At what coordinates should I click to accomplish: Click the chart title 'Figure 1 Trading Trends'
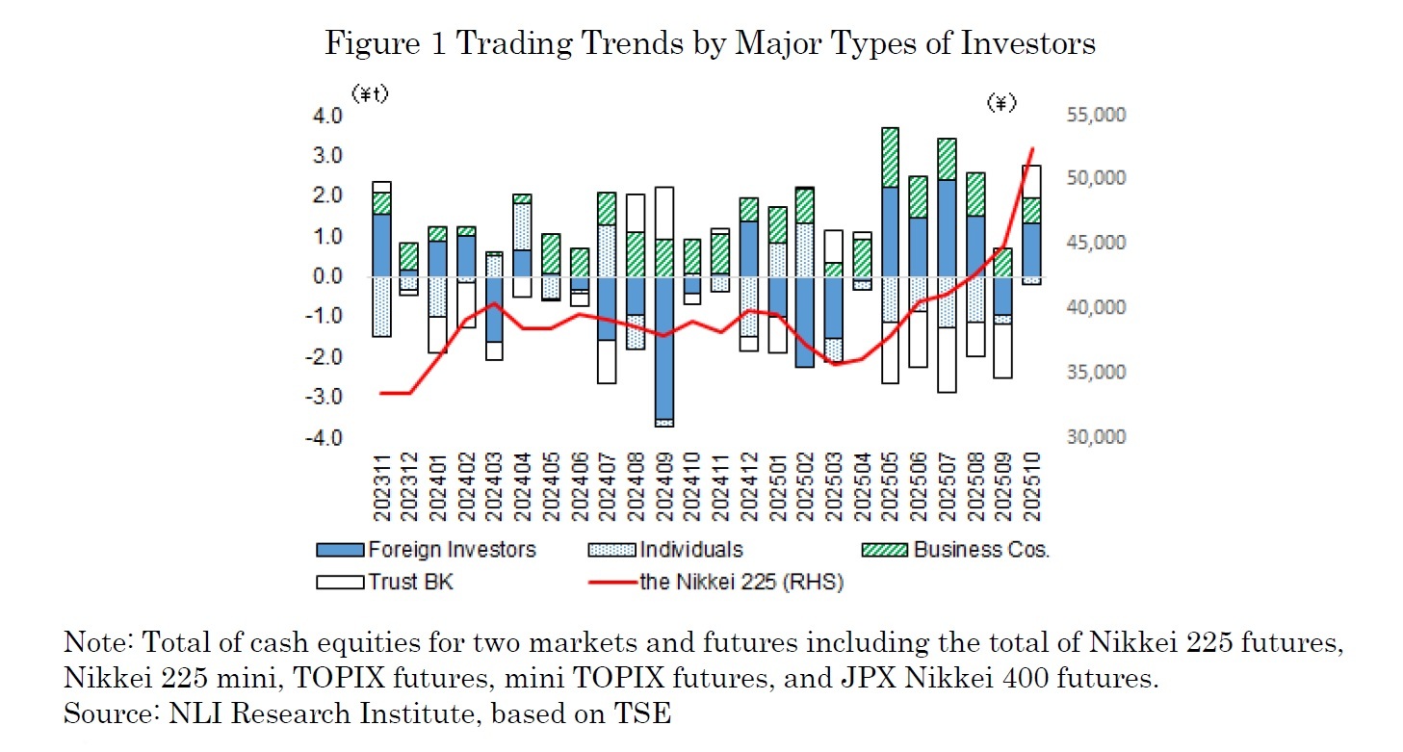coord(710,43)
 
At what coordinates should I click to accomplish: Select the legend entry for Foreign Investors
coord(451,550)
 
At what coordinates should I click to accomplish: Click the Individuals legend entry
coord(690,550)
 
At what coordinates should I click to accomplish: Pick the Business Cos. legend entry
coord(980,550)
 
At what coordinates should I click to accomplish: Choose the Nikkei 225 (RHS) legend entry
coord(740,582)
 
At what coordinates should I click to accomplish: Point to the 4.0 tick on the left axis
coord(327,116)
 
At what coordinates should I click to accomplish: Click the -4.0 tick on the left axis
coord(325,438)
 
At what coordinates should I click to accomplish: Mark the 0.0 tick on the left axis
coord(327,277)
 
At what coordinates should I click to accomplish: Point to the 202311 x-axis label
coord(382,486)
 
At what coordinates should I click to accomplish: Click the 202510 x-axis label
coord(1031,486)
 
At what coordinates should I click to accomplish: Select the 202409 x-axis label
coord(664,486)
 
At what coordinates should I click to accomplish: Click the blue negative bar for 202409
coord(664,347)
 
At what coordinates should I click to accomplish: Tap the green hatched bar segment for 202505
coord(890,157)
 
